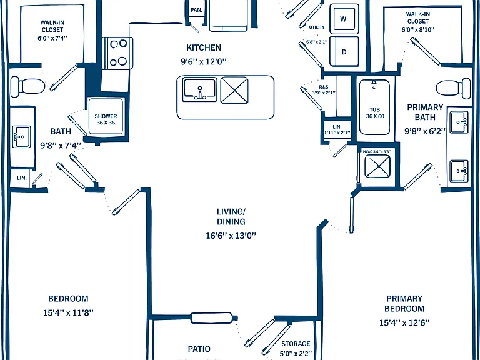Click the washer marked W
coord(344,19)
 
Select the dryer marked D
coord(344,51)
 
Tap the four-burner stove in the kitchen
coord(117,53)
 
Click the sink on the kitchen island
coord(199,90)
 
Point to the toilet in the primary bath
coord(453,88)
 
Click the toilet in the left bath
coord(28,86)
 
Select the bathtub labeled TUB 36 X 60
coord(375,107)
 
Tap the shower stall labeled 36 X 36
coord(106,116)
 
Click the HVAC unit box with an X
coord(377,166)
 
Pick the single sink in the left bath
coord(21,137)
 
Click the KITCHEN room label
coord(204,47)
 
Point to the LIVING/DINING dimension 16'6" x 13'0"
coord(231,236)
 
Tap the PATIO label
coord(199,349)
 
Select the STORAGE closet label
coord(296,344)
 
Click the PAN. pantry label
coord(196,10)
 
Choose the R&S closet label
coord(324,87)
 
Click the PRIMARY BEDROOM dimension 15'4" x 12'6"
coord(404,322)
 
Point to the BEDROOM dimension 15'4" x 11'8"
coord(68,313)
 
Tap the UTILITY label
coord(317,27)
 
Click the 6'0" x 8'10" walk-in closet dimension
coord(418,30)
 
